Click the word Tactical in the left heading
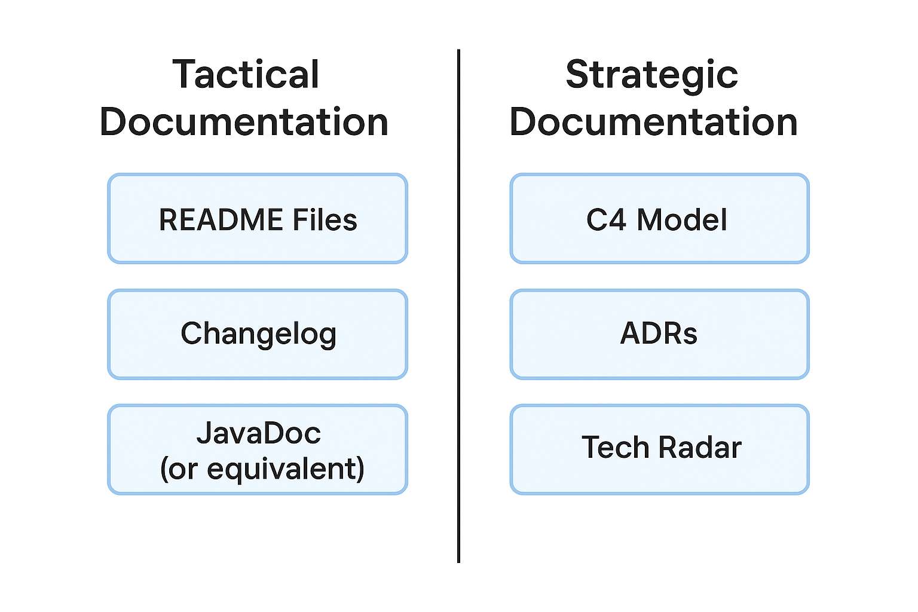click(246, 75)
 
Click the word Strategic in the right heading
click(651, 75)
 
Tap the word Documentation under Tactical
click(244, 122)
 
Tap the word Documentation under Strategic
click(653, 122)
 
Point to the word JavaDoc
click(258, 433)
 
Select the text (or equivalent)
click(262, 469)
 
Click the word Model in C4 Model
click(681, 219)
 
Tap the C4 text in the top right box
click(606, 219)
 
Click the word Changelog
click(258, 333)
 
